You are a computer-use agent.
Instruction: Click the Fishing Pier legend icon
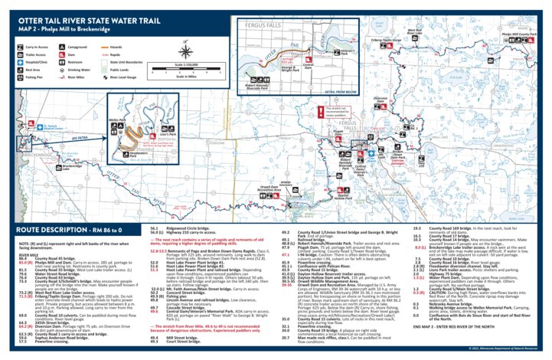(19, 77)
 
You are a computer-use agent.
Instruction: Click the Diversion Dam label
(380, 100)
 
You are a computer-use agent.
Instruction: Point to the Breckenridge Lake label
(72, 166)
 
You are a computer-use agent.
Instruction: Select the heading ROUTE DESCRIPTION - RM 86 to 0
(63, 229)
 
